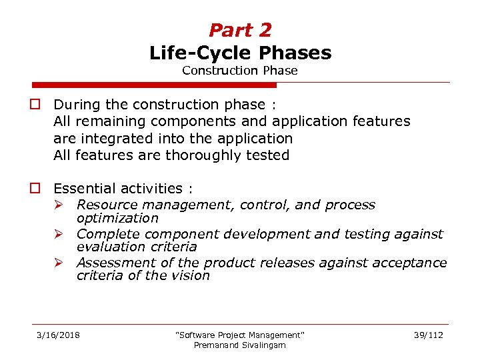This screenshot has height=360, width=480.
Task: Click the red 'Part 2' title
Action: pos(240,30)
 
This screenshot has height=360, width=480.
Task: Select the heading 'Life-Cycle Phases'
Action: pos(240,53)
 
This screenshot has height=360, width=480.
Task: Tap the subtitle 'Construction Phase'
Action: pos(240,71)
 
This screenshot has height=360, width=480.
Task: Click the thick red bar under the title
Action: pos(154,85)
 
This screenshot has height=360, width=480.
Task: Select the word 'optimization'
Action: pos(117,218)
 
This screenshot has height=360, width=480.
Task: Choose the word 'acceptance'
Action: pos(413,263)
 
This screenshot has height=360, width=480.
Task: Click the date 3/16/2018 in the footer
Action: pos(58,335)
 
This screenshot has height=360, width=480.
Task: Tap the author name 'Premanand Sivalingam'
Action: pos(239,345)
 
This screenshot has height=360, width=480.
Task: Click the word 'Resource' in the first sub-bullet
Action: pos(105,205)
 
